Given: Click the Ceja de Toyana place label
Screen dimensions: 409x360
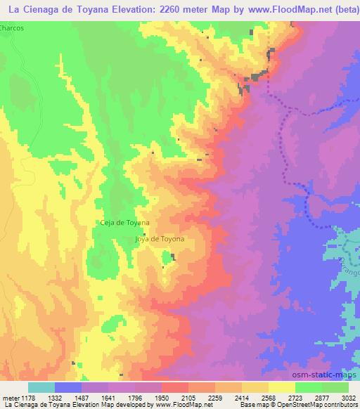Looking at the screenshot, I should click(x=124, y=223).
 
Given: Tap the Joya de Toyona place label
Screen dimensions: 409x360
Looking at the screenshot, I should click(x=160, y=239).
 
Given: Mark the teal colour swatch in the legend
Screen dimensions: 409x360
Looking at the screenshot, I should click(x=41, y=387).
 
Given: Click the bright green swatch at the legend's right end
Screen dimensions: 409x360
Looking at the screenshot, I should click(x=335, y=387).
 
